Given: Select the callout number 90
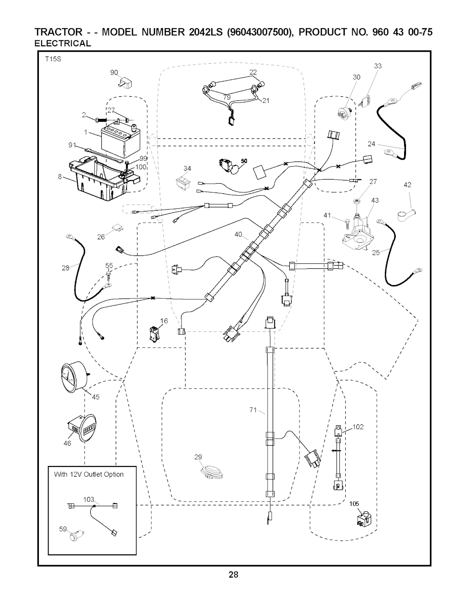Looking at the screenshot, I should [x=114, y=72].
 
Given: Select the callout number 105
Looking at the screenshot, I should [x=354, y=504].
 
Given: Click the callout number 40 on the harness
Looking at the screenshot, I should [x=238, y=235].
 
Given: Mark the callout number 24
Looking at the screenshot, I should [x=372, y=144].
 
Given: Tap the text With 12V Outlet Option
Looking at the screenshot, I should [x=89, y=474].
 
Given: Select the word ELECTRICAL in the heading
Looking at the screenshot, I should [x=63, y=43].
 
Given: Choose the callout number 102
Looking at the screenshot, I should [x=359, y=427].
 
